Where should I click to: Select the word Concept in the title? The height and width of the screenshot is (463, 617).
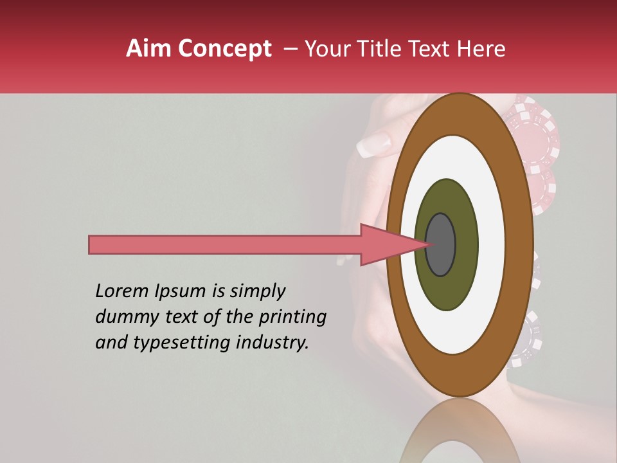[225, 50]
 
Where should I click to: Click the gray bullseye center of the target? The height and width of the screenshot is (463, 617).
[441, 245]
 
